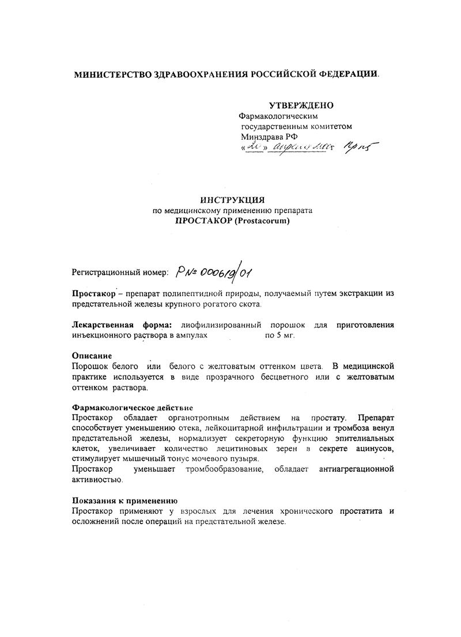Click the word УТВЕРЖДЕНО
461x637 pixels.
301,105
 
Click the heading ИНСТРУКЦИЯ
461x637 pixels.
232,200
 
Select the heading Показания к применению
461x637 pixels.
124,500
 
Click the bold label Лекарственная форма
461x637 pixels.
123,324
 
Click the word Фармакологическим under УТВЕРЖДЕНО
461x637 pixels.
278,116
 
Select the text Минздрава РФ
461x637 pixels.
266,137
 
